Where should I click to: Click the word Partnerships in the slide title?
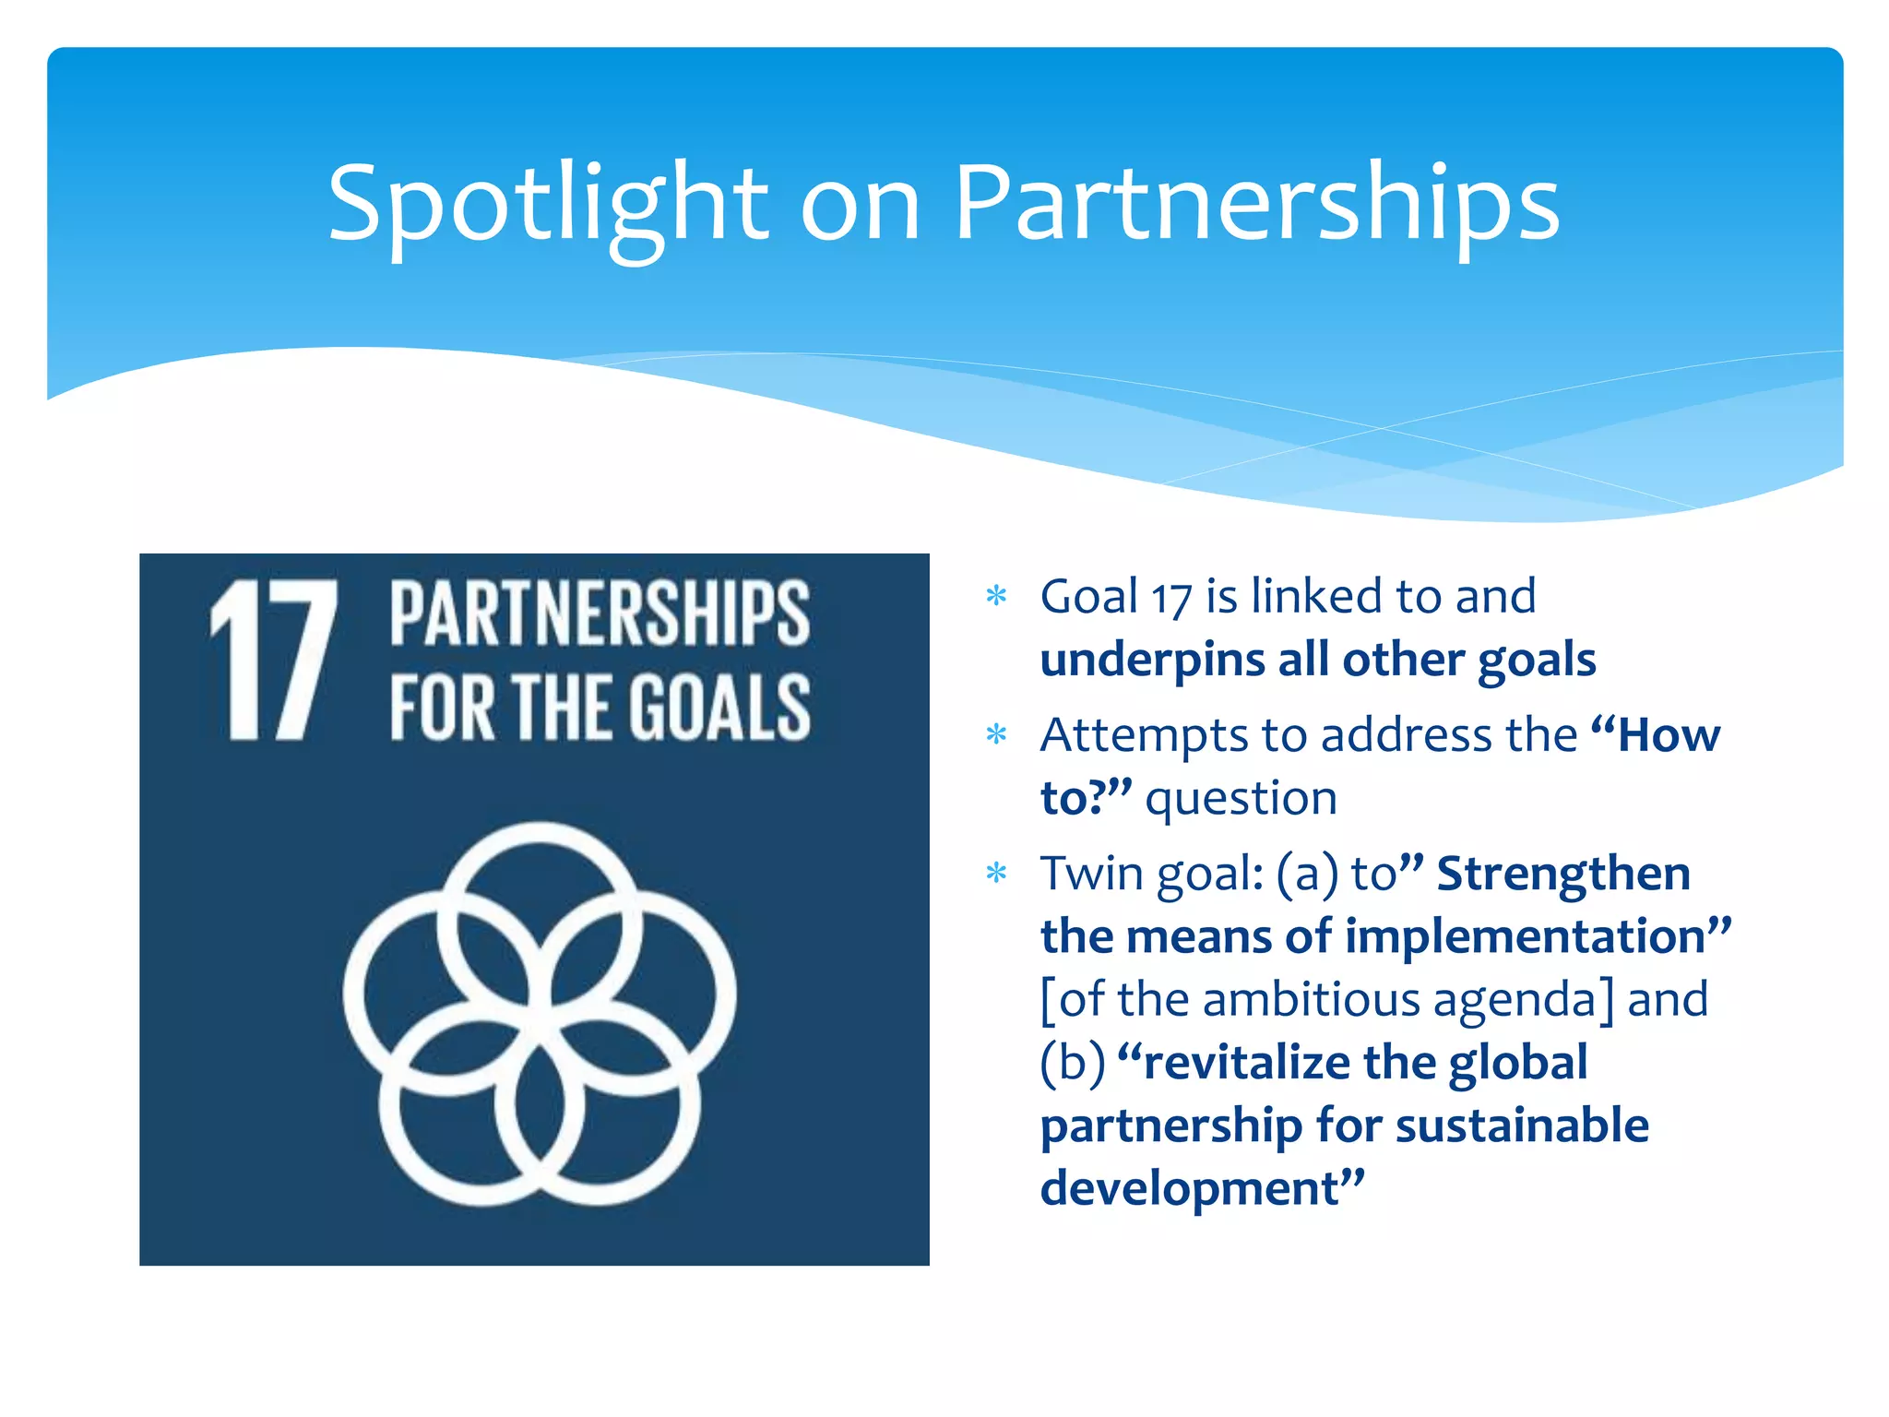point(1256,205)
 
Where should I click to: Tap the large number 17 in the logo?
point(274,661)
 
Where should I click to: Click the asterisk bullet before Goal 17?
point(996,596)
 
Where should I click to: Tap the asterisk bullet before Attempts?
point(996,735)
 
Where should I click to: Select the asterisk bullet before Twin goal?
point(996,873)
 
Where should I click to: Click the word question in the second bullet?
point(1241,798)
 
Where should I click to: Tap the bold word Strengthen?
point(1563,873)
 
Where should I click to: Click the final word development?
point(1190,1188)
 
